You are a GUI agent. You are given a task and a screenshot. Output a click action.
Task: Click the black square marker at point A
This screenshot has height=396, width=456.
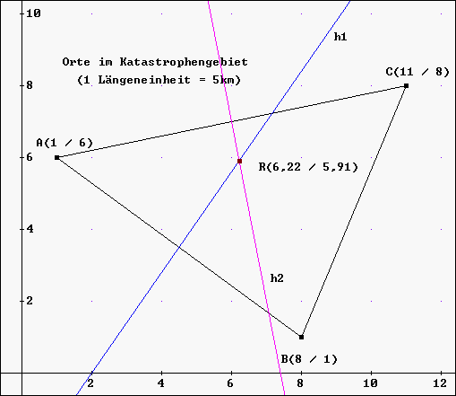[x=57, y=157]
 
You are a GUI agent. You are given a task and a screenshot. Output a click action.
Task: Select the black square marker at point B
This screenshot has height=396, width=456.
[x=301, y=337]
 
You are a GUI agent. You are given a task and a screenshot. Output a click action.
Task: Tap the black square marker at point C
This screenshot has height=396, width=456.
[x=406, y=86]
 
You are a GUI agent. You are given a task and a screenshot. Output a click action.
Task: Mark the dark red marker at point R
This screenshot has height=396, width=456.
[x=239, y=161]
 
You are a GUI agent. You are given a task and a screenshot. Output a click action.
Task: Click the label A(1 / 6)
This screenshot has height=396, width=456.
[x=65, y=143]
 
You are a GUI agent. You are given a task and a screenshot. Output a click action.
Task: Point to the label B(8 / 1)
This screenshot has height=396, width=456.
[x=309, y=359]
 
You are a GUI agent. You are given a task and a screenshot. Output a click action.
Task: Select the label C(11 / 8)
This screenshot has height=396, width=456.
[x=417, y=72]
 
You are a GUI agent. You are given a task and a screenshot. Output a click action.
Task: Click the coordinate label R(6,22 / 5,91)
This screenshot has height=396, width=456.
[x=308, y=167]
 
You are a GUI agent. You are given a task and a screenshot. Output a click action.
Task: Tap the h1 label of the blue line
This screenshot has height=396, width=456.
[x=340, y=37]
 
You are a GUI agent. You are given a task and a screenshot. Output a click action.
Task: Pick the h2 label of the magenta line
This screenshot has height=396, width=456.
[x=277, y=278]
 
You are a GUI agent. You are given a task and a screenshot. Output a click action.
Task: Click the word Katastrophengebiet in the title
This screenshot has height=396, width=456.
[x=184, y=62]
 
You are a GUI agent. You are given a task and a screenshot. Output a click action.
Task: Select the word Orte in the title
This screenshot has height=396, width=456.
[x=76, y=62]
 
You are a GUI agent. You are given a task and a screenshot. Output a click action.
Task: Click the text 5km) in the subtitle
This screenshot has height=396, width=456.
[x=227, y=80]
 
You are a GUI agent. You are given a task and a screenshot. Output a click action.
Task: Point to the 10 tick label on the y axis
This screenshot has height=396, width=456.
[x=33, y=13]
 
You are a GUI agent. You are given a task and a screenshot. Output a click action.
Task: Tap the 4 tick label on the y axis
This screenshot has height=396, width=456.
[x=30, y=229]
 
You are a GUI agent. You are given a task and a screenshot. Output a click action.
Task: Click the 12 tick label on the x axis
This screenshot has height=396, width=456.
[x=440, y=383]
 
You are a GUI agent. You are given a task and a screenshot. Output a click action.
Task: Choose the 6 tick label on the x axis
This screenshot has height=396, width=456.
[x=230, y=383]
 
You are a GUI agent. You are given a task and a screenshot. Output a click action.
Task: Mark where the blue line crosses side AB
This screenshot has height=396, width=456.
[x=179, y=247]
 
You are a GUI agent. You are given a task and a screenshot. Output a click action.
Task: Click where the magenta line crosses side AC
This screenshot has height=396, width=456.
[x=231, y=121]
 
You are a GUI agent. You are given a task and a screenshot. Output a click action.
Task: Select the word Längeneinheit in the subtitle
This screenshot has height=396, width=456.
[x=144, y=80]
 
